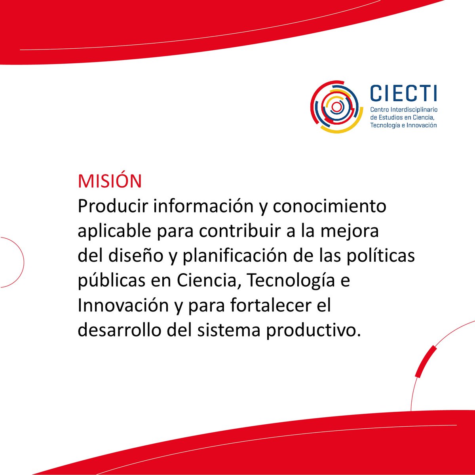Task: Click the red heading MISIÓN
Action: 110,181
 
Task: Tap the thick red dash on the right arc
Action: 426,361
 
